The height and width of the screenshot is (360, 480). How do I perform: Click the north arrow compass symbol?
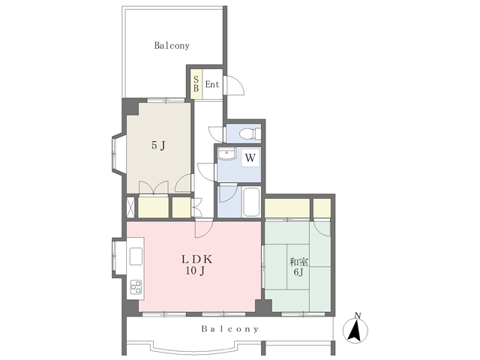click(x=355, y=330)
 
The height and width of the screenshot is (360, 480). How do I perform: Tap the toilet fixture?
click(x=250, y=134)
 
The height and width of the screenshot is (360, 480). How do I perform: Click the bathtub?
click(x=251, y=202)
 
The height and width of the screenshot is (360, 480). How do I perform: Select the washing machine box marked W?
click(x=250, y=157)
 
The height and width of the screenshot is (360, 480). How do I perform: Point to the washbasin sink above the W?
click(x=226, y=154)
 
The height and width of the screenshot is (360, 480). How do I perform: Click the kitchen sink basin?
click(x=136, y=256)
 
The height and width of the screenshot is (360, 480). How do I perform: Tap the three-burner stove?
click(x=136, y=286)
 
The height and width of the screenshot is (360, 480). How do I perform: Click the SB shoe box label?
click(x=196, y=84)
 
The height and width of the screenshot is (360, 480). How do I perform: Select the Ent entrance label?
click(x=212, y=84)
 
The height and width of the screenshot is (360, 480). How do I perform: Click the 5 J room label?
click(x=158, y=145)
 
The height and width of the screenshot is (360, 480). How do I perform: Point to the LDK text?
click(x=196, y=259)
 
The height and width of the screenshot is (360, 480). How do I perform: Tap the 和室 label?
click(x=298, y=262)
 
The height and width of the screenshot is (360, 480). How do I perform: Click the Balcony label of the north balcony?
click(x=172, y=46)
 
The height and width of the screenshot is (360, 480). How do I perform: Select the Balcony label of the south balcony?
click(x=230, y=329)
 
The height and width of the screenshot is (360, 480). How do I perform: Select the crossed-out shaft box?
click(x=130, y=207)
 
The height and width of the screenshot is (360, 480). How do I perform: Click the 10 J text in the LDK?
click(x=195, y=271)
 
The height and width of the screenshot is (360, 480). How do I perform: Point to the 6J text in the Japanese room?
click(x=298, y=271)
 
